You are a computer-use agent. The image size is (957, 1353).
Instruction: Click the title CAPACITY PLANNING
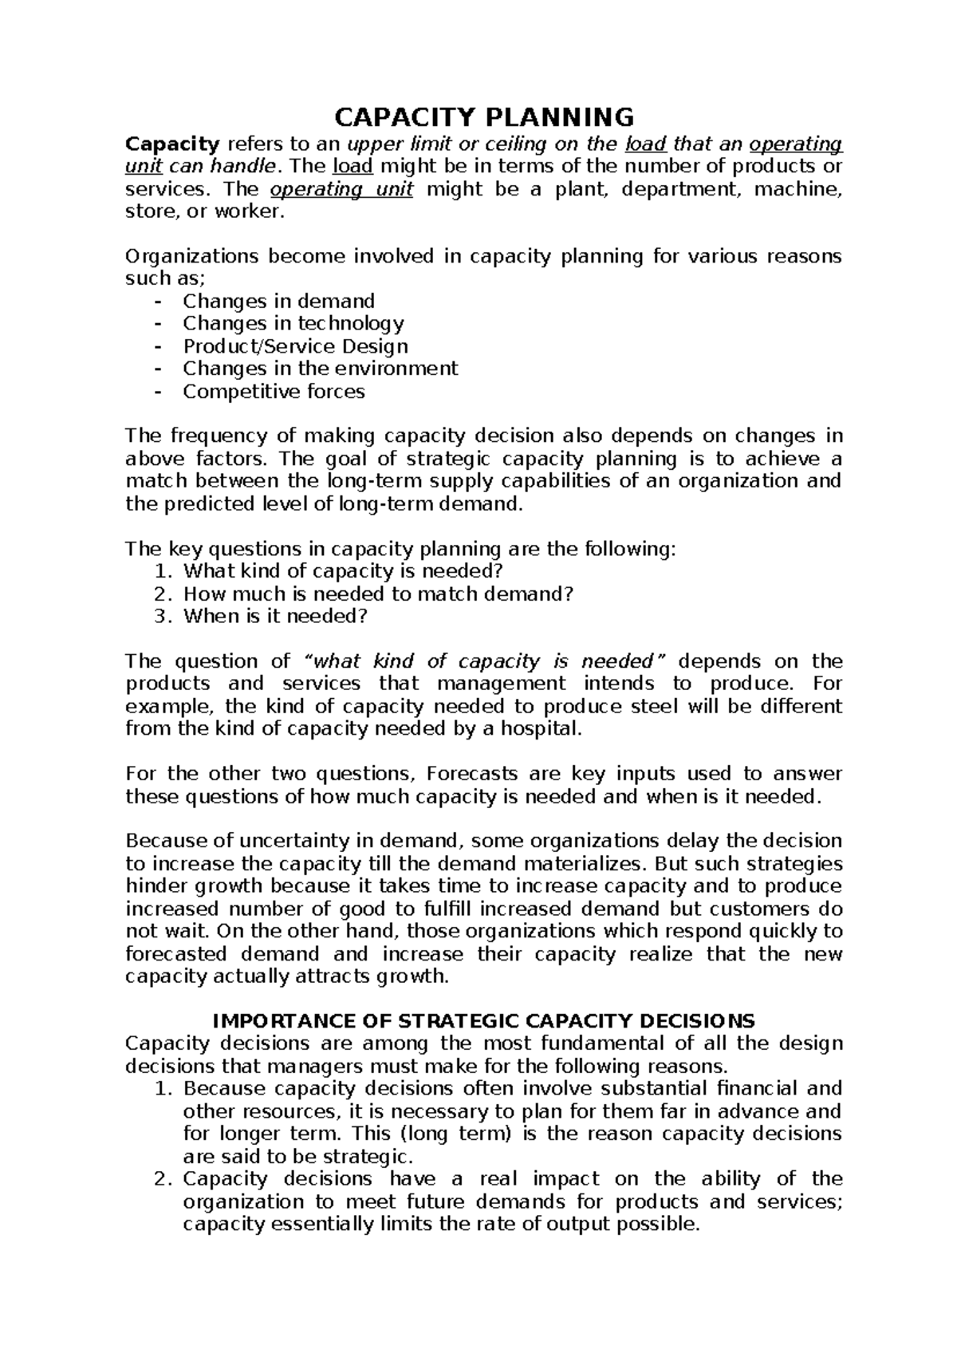pos(483,117)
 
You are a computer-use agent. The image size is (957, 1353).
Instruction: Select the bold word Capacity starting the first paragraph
pos(172,144)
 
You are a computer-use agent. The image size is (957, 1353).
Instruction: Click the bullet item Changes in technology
pos(293,323)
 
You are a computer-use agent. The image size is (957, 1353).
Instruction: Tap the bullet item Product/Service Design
pos(295,346)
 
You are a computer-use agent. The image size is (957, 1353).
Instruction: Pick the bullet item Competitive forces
pos(274,392)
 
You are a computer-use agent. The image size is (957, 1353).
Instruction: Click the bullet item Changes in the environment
pos(320,369)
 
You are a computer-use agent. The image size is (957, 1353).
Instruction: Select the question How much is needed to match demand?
pos(378,594)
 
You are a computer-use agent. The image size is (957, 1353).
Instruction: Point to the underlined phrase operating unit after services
pos(341,190)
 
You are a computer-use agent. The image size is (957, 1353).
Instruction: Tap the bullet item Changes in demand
pos(278,301)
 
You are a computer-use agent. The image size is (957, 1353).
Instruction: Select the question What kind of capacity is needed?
pos(344,571)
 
